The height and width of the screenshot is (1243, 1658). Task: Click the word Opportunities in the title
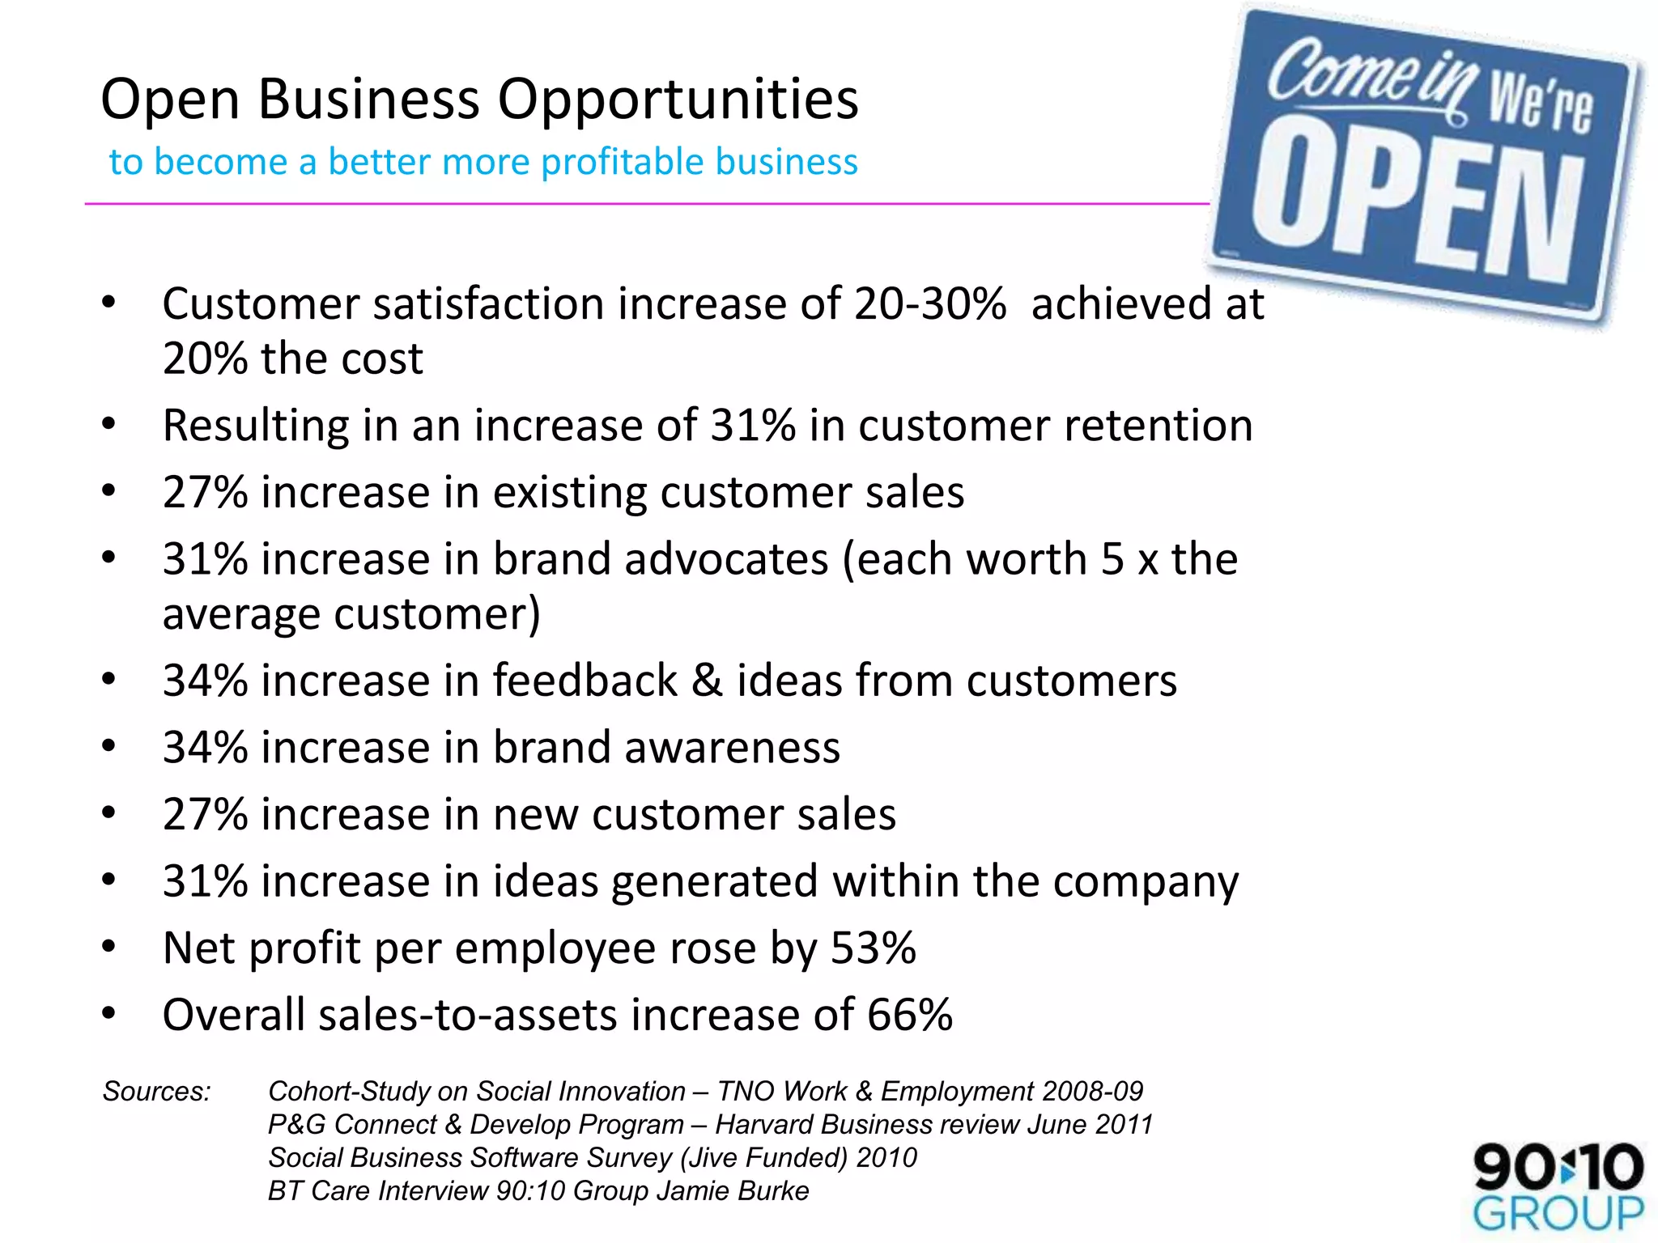[x=678, y=101]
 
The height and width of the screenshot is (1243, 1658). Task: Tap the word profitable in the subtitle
[x=614, y=162]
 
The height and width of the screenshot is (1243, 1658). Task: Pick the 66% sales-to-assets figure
[x=910, y=1015]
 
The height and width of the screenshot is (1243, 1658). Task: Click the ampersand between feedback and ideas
[x=707, y=681]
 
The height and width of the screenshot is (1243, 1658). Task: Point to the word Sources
[x=156, y=1092]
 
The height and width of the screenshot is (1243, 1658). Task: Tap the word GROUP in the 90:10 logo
[x=1558, y=1213]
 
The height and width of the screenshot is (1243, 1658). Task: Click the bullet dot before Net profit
[x=109, y=946]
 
